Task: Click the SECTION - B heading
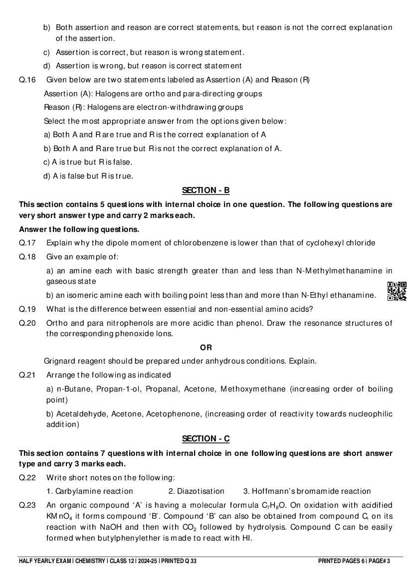coord(206,190)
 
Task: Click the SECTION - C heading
coord(206,438)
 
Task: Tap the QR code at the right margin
coord(397,291)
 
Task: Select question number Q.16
coord(27,80)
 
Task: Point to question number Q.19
coord(27,309)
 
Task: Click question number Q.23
coord(27,505)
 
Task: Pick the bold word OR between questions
coord(206,348)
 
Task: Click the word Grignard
coord(59,361)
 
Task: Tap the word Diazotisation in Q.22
coord(196,491)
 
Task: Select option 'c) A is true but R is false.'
coord(88,162)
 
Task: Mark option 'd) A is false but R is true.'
coord(88,176)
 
